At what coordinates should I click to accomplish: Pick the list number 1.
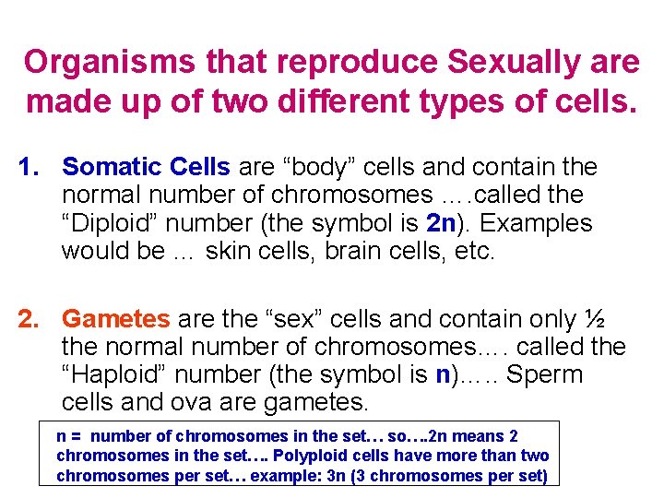30,167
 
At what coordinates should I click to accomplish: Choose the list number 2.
30,319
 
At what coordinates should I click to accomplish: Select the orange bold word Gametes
116,319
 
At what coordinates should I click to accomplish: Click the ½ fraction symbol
594,319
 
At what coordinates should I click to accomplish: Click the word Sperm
545,375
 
